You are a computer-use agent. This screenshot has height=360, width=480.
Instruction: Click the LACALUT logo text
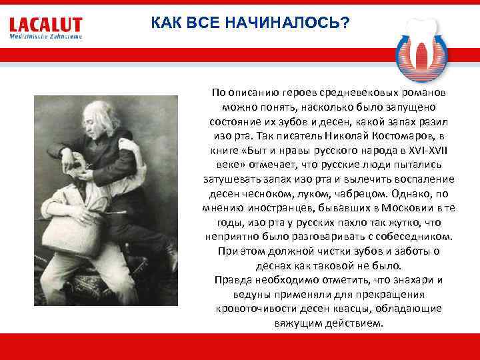(45, 25)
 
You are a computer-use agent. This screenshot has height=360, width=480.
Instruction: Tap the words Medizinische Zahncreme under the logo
(45, 37)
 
